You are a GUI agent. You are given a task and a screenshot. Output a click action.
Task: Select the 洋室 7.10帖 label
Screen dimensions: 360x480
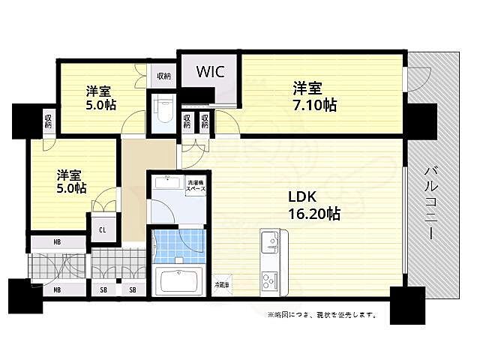pos(313,96)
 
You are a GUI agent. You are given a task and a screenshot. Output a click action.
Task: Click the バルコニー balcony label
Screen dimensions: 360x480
pos(430,202)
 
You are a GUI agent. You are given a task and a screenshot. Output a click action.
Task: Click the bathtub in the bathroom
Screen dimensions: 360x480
pos(179,283)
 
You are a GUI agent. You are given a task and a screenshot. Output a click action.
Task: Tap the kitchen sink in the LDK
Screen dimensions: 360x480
pos(269,243)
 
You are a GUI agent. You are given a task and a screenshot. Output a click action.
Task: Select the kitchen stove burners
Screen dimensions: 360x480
pos(269,283)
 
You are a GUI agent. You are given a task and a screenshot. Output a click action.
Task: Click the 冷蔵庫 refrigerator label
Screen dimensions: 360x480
pos(223,285)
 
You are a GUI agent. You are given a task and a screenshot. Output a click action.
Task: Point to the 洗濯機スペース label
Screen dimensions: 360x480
pos(195,184)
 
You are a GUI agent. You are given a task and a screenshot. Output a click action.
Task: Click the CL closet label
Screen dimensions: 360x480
pos(102,229)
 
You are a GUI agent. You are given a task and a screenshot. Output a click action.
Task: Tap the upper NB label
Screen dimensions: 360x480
pos(57,243)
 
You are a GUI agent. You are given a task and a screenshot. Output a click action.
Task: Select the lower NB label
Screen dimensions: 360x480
pos(57,289)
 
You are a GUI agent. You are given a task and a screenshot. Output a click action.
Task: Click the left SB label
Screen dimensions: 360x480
pos(103,289)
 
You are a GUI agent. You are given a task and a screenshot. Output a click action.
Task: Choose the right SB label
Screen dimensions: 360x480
pos(132,289)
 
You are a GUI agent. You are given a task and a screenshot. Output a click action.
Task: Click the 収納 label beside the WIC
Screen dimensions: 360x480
pos(163,76)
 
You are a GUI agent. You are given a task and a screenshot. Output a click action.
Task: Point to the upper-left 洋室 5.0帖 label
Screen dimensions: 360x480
pos(100,98)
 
